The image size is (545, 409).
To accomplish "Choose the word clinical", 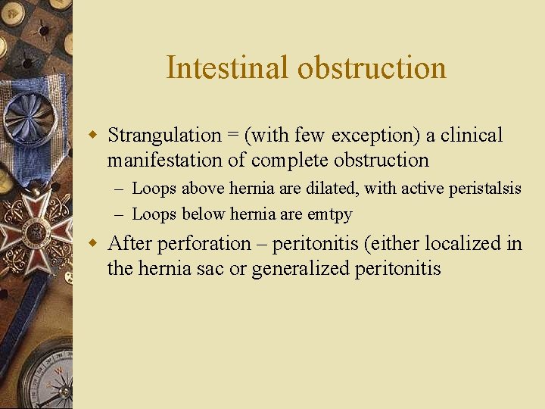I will pyautogui.click(x=471, y=136).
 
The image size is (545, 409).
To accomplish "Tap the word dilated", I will pyautogui.click(x=332, y=189).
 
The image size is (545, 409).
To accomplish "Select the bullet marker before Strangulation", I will pyautogui.click(x=93, y=136).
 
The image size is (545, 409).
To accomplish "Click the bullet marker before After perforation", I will pyautogui.click(x=93, y=244).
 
